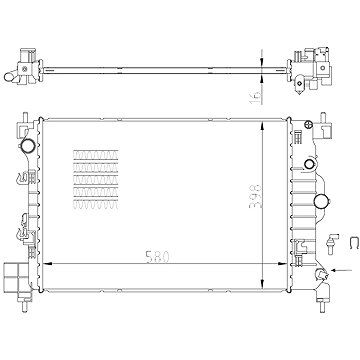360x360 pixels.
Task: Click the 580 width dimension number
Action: [x=158, y=257]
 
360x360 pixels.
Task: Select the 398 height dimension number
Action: [x=256, y=196]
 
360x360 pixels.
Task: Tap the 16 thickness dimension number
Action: [x=255, y=96]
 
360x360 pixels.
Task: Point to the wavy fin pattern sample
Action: [x=96, y=180]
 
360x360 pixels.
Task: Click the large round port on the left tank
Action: [x=27, y=144]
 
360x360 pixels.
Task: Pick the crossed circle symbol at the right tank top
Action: [x=308, y=124]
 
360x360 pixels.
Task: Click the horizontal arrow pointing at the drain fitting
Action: [x=342, y=270]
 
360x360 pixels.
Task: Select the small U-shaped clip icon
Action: [x=354, y=243]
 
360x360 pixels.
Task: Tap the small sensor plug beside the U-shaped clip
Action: [x=332, y=244]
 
